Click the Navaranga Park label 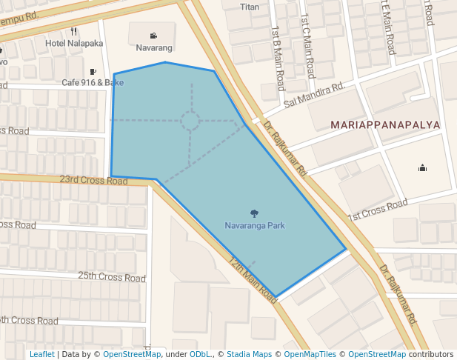click(254, 225)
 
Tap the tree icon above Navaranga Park click(255, 213)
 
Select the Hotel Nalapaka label click(74, 43)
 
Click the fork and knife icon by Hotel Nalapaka click(73, 31)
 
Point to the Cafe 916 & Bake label click(93, 83)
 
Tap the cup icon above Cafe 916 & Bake click(93, 72)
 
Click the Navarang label click(154, 48)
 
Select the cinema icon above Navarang click(153, 36)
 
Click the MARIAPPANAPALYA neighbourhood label click(385, 125)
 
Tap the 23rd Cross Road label click(93, 180)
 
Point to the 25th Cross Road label click(112, 277)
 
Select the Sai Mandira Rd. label click(314, 94)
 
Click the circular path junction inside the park click(190, 121)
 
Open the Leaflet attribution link click(41, 354)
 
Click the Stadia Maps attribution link click(249, 354)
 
